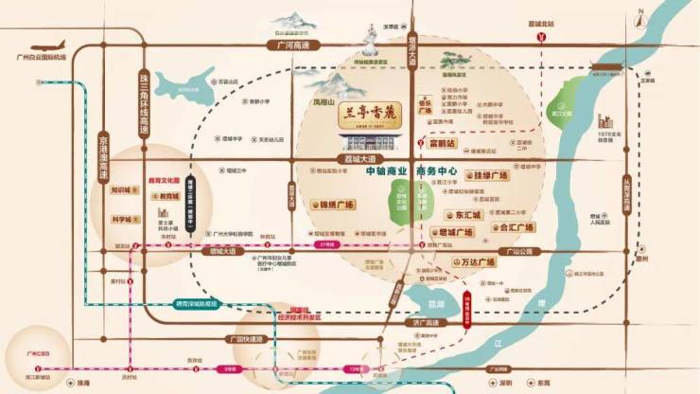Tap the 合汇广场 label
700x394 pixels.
click(516, 227)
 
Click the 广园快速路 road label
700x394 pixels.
click(245, 339)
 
